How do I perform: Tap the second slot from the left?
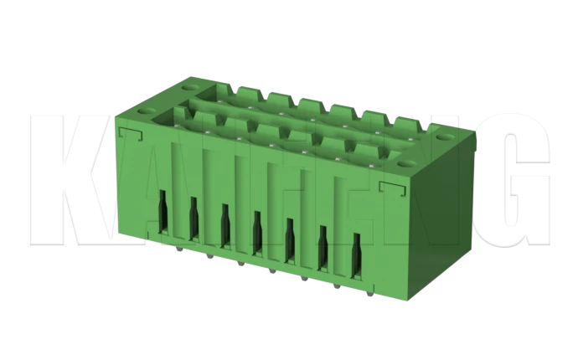click(x=194, y=221)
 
